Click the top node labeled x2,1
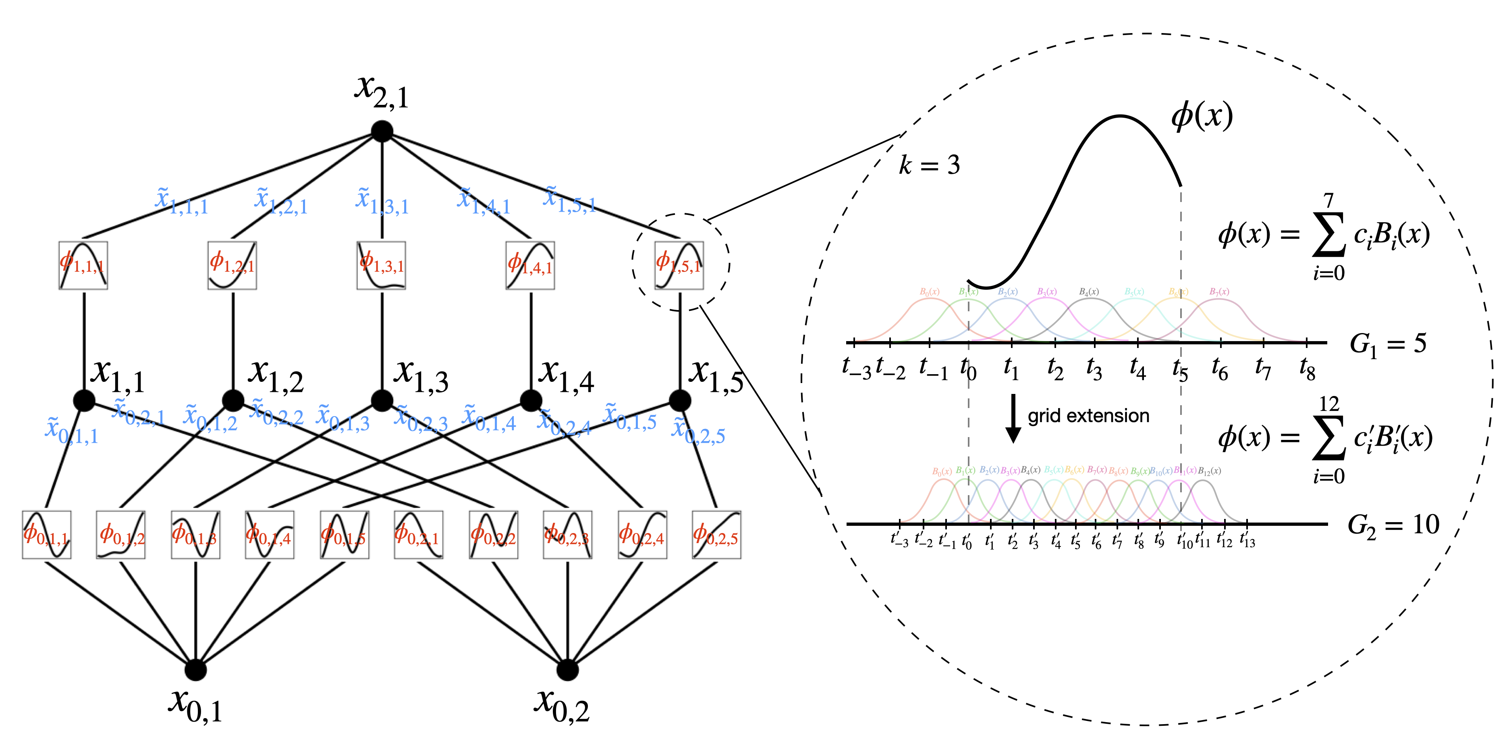(x=382, y=131)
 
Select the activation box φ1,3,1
(x=381, y=265)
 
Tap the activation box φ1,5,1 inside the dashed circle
(x=679, y=265)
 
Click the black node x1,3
(x=382, y=401)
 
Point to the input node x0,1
(x=195, y=669)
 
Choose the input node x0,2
(x=567, y=669)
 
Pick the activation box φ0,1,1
(x=47, y=535)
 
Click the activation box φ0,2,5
(x=716, y=535)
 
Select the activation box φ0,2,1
(x=418, y=535)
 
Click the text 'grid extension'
(x=1088, y=416)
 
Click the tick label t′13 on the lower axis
(x=1247, y=540)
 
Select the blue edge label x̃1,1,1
(x=181, y=201)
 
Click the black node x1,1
(x=85, y=401)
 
